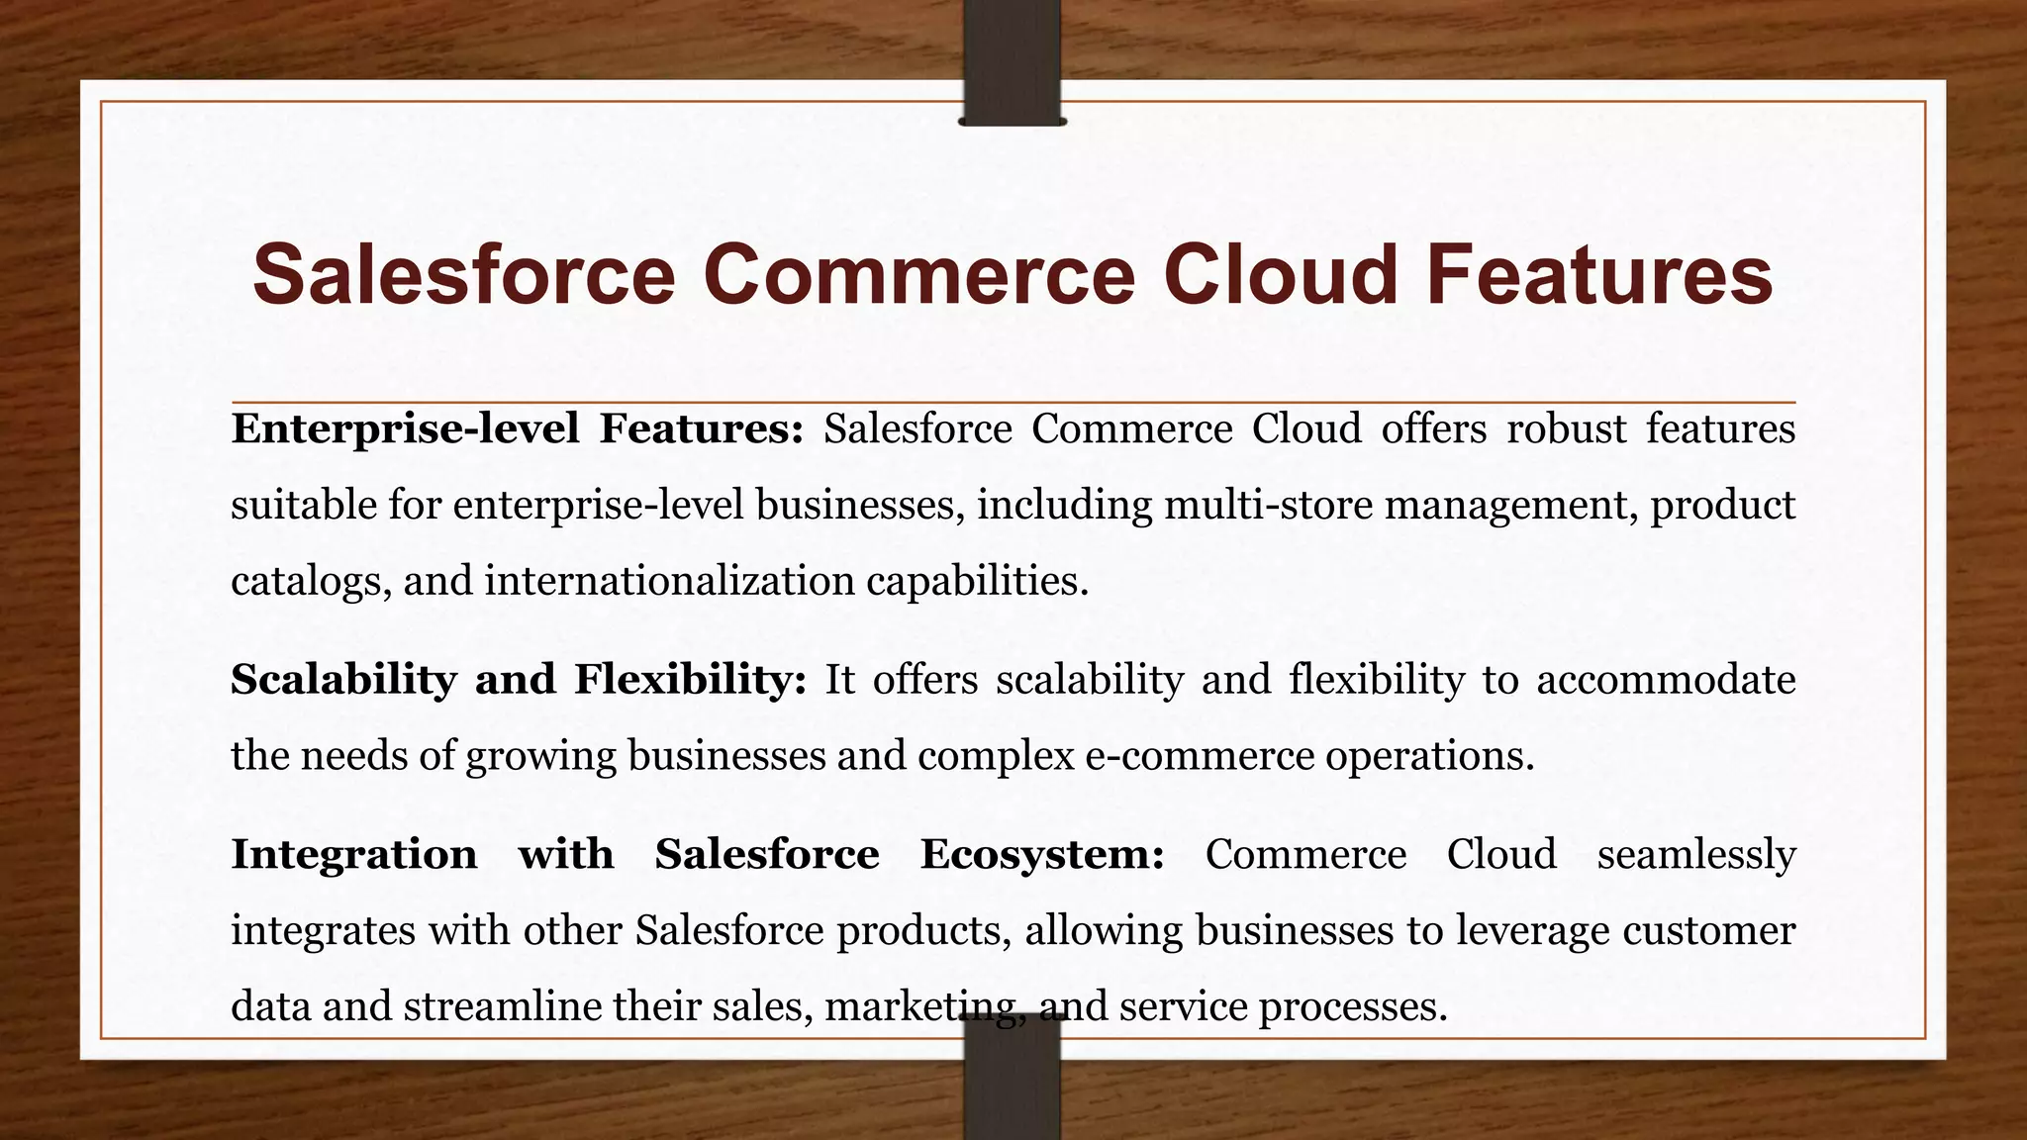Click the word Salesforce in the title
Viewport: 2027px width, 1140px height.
[x=463, y=275]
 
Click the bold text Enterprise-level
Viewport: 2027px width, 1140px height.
[x=405, y=429]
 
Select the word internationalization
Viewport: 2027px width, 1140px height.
[x=669, y=581]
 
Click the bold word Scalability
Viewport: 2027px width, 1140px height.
[x=343, y=680]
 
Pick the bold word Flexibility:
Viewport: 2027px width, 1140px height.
[x=691, y=680]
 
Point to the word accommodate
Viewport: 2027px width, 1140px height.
[x=1665, y=680]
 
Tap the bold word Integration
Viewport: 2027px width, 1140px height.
[x=353, y=854]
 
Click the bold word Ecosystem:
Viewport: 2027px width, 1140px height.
[x=1042, y=854]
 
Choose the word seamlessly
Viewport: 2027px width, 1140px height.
[x=1695, y=854]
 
